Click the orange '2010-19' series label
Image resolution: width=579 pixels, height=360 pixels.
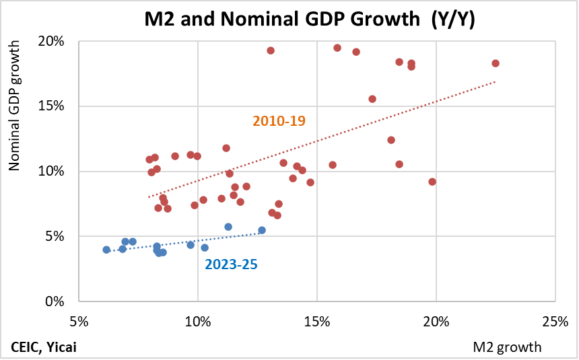pyautogui.click(x=279, y=121)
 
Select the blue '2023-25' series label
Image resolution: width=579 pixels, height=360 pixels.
pyautogui.click(x=231, y=264)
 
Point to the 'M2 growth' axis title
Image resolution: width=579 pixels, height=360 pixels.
pyautogui.click(x=507, y=347)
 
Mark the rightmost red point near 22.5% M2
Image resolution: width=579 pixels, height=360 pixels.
pyautogui.click(x=496, y=63)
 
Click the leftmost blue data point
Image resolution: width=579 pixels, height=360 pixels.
pyautogui.click(x=106, y=250)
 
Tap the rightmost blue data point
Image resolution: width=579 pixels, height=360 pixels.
pyautogui.click(x=262, y=230)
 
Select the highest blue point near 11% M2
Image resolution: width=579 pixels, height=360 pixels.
pyautogui.click(x=228, y=227)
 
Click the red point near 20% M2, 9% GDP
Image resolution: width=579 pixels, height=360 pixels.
pyautogui.click(x=432, y=182)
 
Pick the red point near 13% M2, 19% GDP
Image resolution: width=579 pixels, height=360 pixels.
pyautogui.click(x=271, y=50)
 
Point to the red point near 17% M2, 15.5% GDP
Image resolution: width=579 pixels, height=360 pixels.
pyautogui.click(x=372, y=99)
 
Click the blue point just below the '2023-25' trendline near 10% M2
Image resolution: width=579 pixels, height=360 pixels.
pyautogui.click(x=205, y=248)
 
